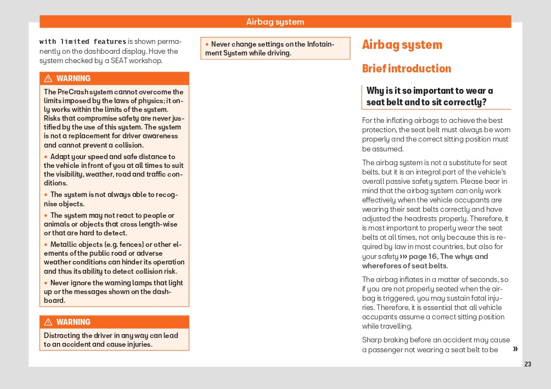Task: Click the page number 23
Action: pyautogui.click(x=528, y=364)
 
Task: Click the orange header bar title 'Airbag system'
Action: pyautogui.click(x=275, y=22)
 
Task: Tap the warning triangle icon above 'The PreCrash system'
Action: pyautogui.click(x=48, y=78)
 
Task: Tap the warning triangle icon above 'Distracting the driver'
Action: pyautogui.click(x=48, y=322)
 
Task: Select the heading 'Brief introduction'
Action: pyautogui.click(x=406, y=69)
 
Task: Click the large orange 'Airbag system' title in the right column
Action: pyautogui.click(x=402, y=45)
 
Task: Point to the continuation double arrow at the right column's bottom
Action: pyautogui.click(x=515, y=349)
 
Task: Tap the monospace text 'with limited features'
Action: pyautogui.click(x=83, y=42)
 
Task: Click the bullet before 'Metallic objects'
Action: pyautogui.click(x=46, y=245)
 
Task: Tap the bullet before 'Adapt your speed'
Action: pyautogui.click(x=46, y=157)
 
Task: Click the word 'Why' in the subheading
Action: pyautogui.click(x=375, y=91)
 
